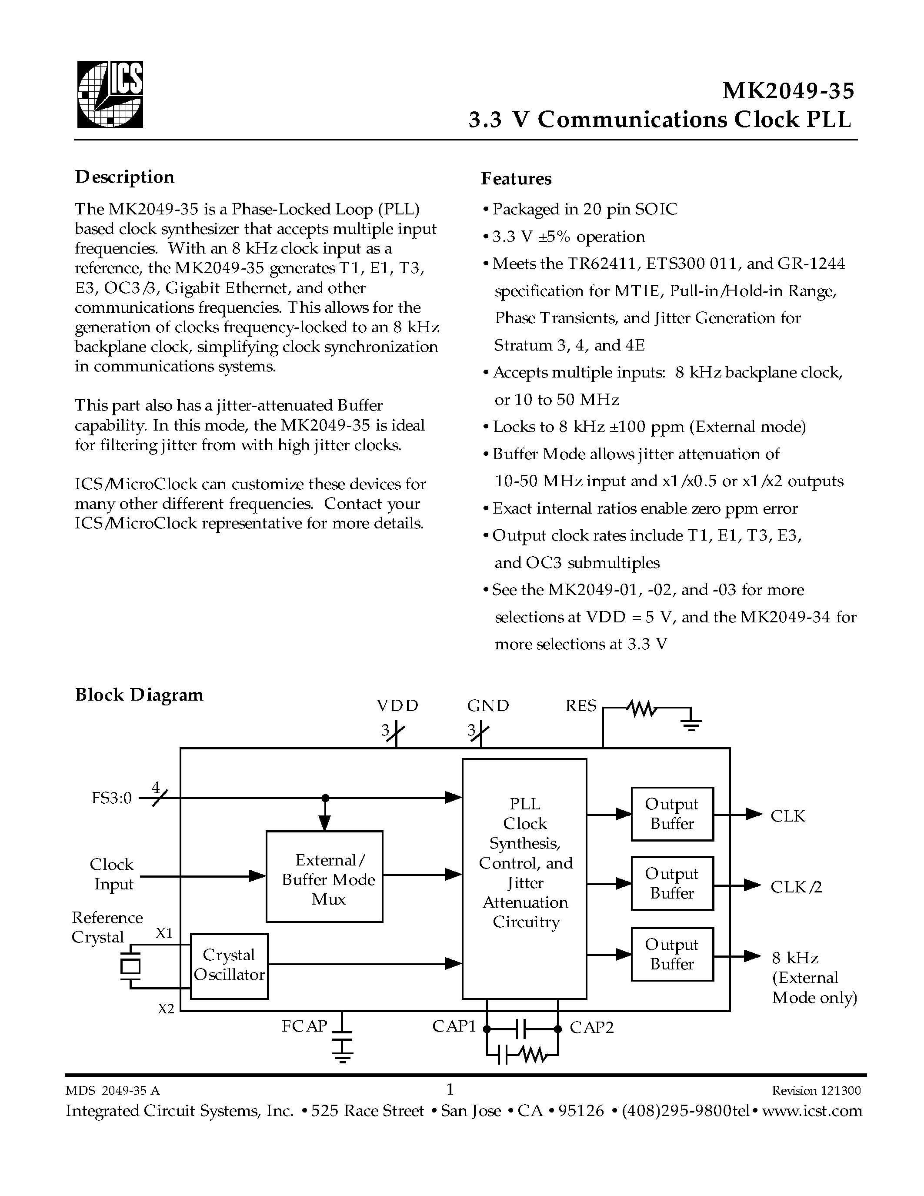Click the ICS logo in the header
pos(110,94)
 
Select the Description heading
pos(124,177)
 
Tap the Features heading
pos(516,178)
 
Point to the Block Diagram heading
pos(139,695)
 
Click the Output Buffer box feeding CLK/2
pos(672,883)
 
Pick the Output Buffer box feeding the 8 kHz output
pos(672,954)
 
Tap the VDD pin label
pos(397,706)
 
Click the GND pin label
pos(488,706)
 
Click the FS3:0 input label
pos(112,798)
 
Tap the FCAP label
pos(304,1026)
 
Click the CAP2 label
pos(592,1027)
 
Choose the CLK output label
pos(787,816)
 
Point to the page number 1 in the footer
pos(450,1088)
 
